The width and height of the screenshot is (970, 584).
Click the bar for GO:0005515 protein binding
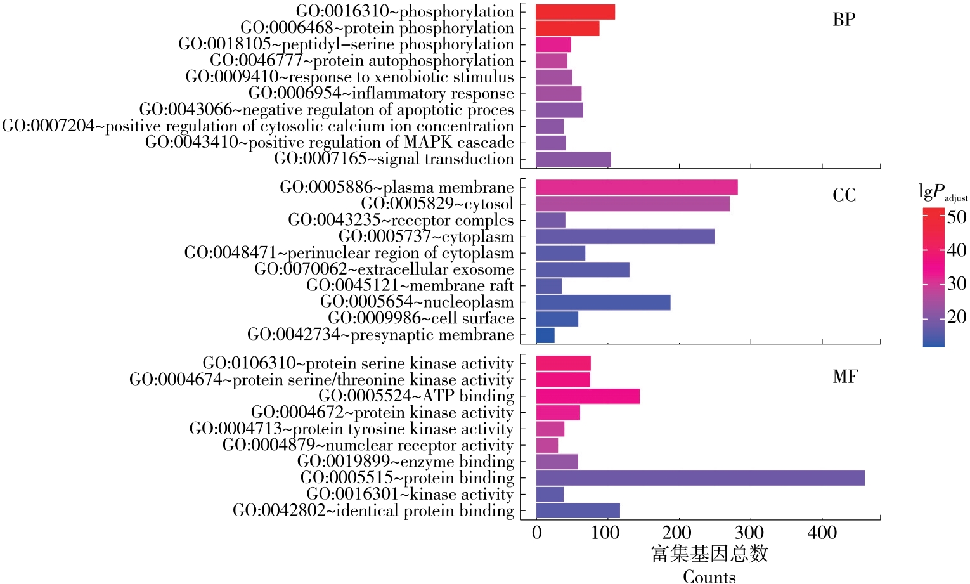click(700, 478)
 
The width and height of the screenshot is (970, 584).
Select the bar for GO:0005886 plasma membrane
click(637, 188)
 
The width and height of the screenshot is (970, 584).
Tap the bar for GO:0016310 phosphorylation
click(575, 12)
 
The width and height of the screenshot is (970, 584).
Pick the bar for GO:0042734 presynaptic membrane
click(545, 335)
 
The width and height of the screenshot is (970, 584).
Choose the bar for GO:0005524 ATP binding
click(588, 396)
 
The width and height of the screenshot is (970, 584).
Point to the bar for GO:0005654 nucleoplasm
click(603, 302)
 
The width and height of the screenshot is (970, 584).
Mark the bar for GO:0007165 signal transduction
click(573, 159)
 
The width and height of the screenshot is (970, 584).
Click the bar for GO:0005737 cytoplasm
click(625, 237)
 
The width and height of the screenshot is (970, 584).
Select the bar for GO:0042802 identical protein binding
click(578, 511)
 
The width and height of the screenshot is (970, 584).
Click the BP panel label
click(844, 20)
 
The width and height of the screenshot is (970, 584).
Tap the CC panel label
click(844, 195)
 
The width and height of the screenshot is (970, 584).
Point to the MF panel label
click(845, 377)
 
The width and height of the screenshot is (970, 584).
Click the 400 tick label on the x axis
click(822, 533)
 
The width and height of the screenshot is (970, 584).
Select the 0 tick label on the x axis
click(537, 533)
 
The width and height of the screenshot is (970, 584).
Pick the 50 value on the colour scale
click(957, 217)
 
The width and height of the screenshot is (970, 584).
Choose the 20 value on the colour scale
click(957, 316)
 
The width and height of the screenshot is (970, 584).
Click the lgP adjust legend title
click(942, 193)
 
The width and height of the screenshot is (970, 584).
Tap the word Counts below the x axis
click(709, 576)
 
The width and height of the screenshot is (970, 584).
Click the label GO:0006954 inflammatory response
click(381, 94)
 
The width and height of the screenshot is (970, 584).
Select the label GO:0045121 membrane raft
click(410, 286)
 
